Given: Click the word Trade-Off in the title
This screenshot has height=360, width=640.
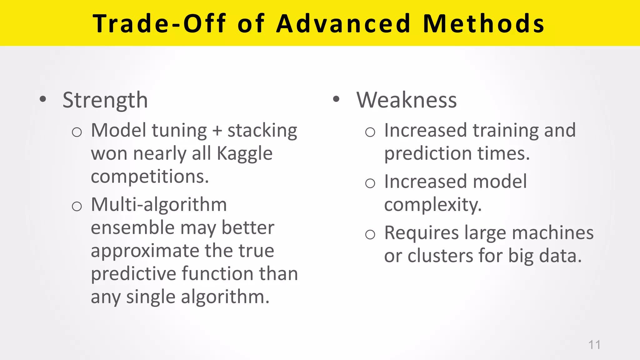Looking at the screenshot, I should (159, 24).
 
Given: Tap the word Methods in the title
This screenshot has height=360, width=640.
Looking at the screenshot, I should (484, 24).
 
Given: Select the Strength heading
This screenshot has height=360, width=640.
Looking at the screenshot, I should (105, 100).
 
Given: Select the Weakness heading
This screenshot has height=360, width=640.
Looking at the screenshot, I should (407, 100).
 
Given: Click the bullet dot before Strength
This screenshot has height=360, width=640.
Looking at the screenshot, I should (43, 100).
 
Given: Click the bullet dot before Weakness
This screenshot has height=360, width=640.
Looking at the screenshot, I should (336, 100).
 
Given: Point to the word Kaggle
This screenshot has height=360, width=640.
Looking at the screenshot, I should (244, 154).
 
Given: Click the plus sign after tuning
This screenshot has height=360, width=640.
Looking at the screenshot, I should (217, 131).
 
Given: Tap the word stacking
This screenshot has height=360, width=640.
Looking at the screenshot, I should (262, 131).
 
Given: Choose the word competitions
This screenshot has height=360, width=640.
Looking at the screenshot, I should (150, 177).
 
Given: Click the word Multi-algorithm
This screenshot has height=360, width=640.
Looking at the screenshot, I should (159, 205).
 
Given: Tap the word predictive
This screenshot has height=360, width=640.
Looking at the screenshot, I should (133, 274).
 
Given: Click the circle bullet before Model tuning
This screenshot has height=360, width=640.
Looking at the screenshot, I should (77, 132).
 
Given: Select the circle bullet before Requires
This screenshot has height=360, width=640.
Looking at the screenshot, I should (370, 234).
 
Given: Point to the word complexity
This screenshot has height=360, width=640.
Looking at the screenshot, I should (433, 205).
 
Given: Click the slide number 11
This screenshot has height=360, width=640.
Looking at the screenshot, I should (594, 345).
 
